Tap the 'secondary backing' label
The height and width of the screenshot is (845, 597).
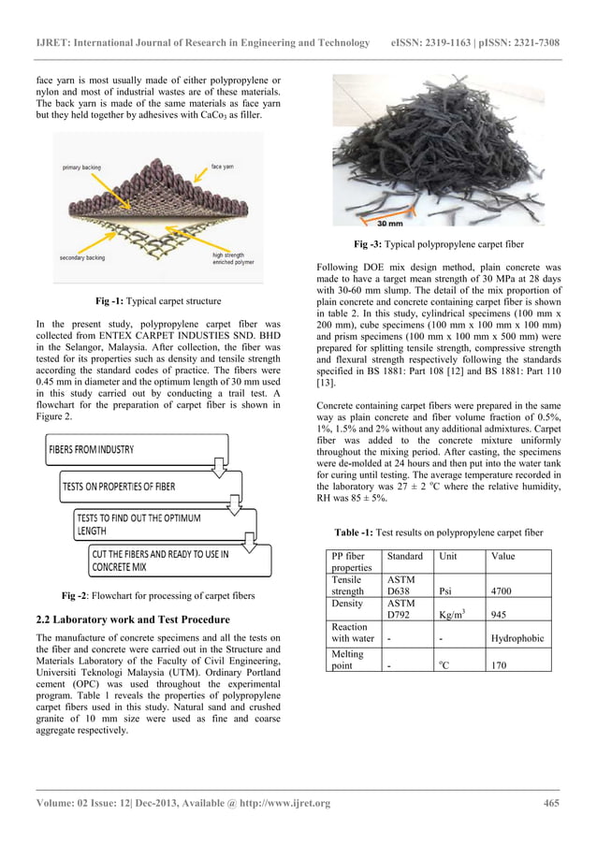coord(83,257)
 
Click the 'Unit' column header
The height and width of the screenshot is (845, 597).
coord(448,556)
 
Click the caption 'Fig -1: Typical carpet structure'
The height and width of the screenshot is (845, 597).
coord(158,301)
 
